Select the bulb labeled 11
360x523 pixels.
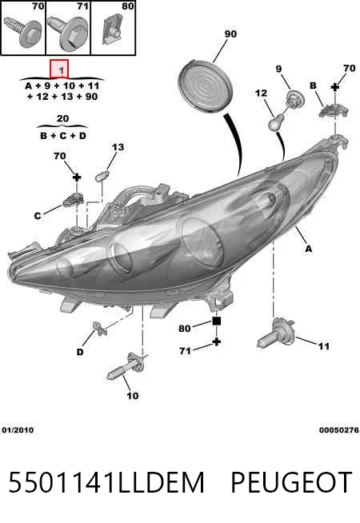coord(275,334)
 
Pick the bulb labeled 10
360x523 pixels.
coord(126,366)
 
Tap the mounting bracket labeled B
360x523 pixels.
coord(333,110)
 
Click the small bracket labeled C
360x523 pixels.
coord(73,200)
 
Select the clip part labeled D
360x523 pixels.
coord(99,328)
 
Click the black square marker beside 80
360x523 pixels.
coord(217,321)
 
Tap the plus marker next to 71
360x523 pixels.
coord(217,341)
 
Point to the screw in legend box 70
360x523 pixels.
coord(24,33)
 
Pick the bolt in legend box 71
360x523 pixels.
coord(68,32)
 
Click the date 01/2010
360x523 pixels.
coord(18,430)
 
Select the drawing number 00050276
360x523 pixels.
coord(339,430)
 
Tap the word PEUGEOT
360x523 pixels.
coord(291,482)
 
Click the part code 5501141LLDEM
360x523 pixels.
coord(106,482)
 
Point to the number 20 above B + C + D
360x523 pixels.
coord(62,118)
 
